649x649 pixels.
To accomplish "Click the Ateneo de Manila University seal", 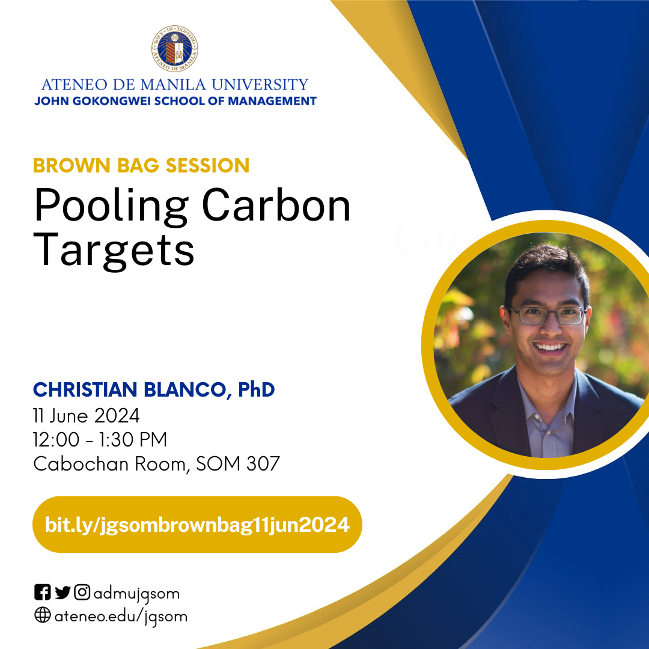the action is pyautogui.click(x=175, y=49).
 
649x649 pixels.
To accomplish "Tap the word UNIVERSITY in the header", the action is pyautogui.click(x=260, y=85).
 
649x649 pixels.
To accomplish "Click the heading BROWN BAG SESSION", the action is pyautogui.click(x=141, y=165).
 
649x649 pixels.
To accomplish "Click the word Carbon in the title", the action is pyautogui.click(x=276, y=205).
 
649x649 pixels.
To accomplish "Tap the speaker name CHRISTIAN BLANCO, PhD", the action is pyautogui.click(x=154, y=389).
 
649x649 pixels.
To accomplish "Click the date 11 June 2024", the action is pyautogui.click(x=87, y=416).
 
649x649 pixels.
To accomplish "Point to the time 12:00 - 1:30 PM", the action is pyautogui.click(x=100, y=439).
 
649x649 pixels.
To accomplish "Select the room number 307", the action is pyautogui.click(x=263, y=463).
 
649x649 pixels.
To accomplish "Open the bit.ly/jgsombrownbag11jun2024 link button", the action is pyautogui.click(x=197, y=525).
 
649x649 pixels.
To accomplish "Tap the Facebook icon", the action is pyautogui.click(x=42, y=593).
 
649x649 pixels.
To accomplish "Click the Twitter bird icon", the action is pyautogui.click(x=62, y=593).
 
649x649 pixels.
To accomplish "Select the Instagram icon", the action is pyautogui.click(x=82, y=593).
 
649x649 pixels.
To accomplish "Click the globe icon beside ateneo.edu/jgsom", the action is pyautogui.click(x=42, y=615).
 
